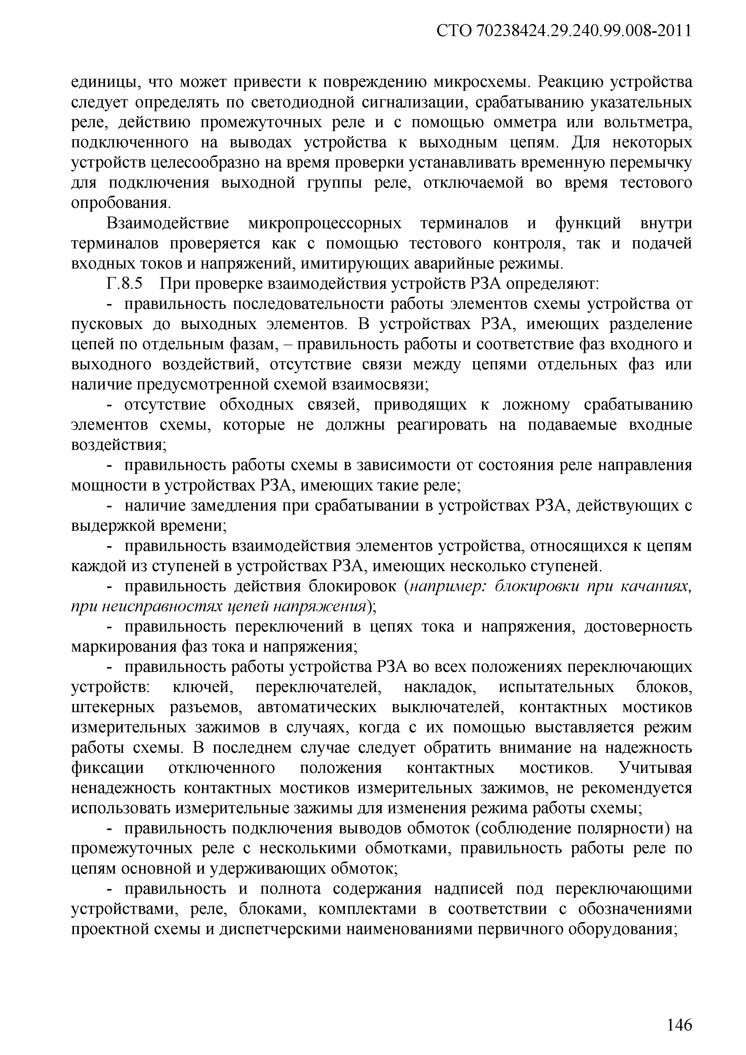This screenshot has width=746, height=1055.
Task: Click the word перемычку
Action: (649, 163)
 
